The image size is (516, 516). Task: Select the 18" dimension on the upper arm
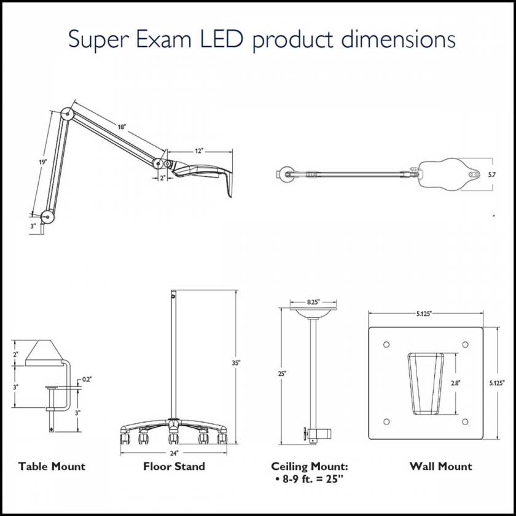tap(122, 127)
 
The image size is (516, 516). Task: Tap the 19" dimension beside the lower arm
tap(41, 162)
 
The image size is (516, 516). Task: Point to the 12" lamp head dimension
tap(198, 150)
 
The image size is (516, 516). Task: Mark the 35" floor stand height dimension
tap(235, 362)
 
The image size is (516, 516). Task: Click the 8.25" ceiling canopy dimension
tap(313, 302)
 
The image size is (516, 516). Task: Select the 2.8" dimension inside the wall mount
tap(455, 382)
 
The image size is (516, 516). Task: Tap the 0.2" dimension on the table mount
tap(87, 379)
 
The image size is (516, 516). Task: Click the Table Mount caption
tap(52, 466)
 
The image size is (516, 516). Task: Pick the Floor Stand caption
tap(174, 466)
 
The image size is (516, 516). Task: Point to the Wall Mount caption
tap(441, 466)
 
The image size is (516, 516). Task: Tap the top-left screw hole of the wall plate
tap(386, 343)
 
